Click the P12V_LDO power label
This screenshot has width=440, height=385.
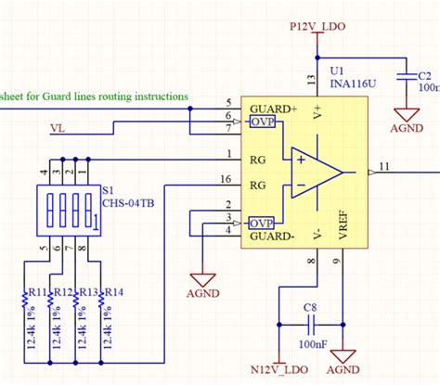pos(318,28)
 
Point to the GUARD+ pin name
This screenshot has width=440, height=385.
pos(273,109)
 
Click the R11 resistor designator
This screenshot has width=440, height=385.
pos(38,292)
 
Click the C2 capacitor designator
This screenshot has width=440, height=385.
pos(423,76)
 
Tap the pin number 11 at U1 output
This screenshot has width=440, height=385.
pos(386,165)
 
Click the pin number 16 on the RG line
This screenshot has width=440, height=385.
pos(226,178)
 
